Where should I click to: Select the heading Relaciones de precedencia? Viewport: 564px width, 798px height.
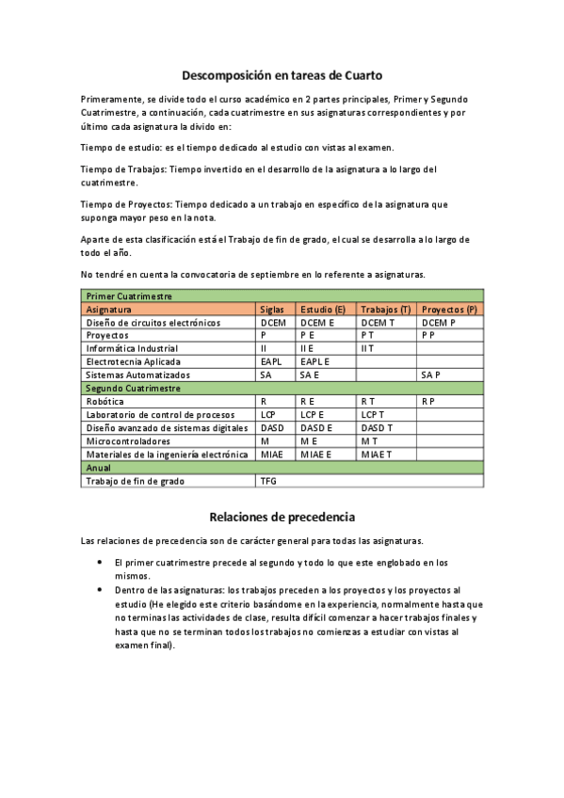pos(282,517)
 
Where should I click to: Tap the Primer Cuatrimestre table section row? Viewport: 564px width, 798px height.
pos(282,295)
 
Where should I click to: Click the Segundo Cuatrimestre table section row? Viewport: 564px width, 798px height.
pos(282,388)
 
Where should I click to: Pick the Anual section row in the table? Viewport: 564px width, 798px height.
pos(282,467)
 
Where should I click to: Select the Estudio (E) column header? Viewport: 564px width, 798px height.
pos(323,309)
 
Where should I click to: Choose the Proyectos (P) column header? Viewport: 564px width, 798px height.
pos(449,309)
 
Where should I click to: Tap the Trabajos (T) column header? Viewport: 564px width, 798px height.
pos(385,309)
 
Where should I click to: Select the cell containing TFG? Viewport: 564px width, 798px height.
pos(269,481)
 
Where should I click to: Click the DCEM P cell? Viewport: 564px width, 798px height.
pos(438,322)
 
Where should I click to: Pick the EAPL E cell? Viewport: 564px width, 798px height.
pos(314,361)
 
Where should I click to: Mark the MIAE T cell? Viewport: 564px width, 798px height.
pos(376,454)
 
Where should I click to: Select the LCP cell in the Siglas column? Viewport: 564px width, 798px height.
pos(268,414)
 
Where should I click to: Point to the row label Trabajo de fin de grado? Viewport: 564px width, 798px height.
pos(135,481)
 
